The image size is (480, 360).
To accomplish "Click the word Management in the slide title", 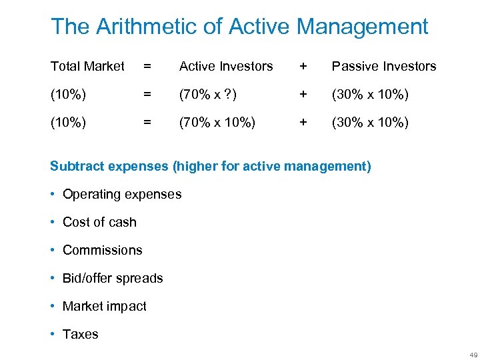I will click(363, 27).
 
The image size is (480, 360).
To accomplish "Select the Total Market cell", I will click(87, 66).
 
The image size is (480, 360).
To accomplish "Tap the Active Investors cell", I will click(226, 66).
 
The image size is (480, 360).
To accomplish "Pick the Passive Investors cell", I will click(384, 66).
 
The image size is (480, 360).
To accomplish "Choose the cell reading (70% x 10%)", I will click(217, 122).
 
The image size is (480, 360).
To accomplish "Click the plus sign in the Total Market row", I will click(303, 66).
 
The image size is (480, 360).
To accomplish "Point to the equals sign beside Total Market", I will click(147, 66).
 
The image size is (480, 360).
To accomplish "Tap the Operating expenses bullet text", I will click(122, 194).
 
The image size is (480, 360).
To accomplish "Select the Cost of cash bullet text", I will click(99, 222).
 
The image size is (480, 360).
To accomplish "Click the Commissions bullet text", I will click(103, 250).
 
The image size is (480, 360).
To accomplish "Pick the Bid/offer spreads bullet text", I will click(113, 278).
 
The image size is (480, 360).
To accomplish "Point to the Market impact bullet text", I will click(105, 306).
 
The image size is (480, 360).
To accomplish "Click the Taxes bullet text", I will click(80, 334).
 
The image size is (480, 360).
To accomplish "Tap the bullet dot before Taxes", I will click(53, 334).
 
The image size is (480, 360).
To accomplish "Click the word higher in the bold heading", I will click(195, 166).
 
